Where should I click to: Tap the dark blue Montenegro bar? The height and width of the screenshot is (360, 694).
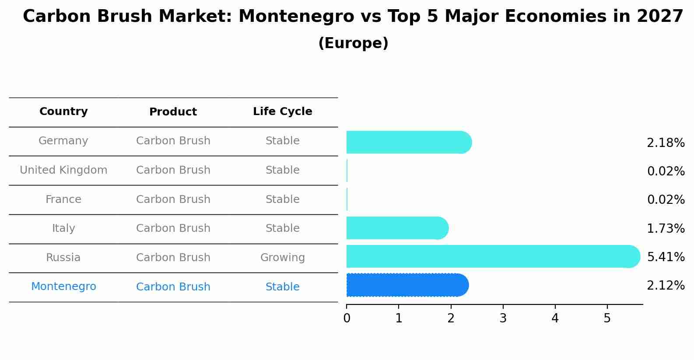pyautogui.click(x=407, y=285)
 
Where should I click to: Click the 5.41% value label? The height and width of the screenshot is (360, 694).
pyautogui.click(x=666, y=257)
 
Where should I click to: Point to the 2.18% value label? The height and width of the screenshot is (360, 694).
pyautogui.click(x=666, y=143)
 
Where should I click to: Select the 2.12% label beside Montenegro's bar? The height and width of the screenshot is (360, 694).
pyautogui.click(x=666, y=286)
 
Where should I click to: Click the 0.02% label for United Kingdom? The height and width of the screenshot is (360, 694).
pyautogui.click(x=666, y=171)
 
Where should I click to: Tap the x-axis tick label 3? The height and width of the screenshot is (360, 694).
pyautogui.click(x=503, y=318)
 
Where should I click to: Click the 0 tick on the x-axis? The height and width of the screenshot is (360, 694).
pyautogui.click(x=347, y=318)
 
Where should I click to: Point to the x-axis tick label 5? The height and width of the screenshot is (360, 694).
pyautogui.click(x=607, y=318)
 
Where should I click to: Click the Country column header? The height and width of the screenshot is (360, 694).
pyautogui.click(x=63, y=112)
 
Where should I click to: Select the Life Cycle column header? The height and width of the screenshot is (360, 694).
pyautogui.click(x=282, y=112)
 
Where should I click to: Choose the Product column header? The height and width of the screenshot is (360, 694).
pyautogui.click(x=173, y=112)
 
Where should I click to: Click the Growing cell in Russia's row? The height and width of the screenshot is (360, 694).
pyautogui.click(x=282, y=258)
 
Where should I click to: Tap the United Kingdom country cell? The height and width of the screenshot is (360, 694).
pyautogui.click(x=63, y=170)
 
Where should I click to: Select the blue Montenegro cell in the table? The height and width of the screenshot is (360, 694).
pyautogui.click(x=63, y=287)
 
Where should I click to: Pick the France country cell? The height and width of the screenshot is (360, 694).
pyautogui.click(x=63, y=199)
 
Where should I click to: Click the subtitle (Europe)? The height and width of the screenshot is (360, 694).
pyautogui.click(x=353, y=43)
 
